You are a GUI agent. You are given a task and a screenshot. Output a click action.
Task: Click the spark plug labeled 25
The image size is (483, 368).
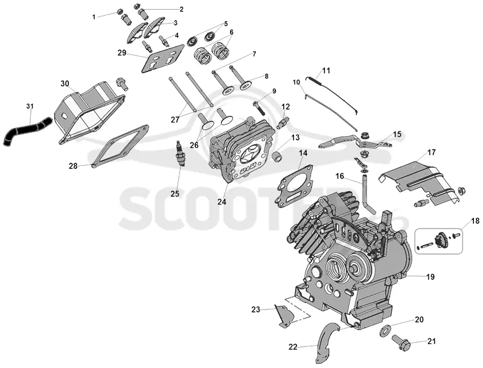[179, 153]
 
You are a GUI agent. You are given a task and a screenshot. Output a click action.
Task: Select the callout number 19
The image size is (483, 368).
[430, 277]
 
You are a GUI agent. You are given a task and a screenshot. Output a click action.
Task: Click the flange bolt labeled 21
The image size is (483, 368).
[401, 343]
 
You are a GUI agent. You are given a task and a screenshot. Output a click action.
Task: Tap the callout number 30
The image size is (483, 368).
[65, 84]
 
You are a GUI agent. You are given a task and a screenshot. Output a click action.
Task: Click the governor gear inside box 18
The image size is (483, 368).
[438, 239]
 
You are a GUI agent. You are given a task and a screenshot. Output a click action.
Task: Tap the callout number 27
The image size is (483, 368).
[175, 119]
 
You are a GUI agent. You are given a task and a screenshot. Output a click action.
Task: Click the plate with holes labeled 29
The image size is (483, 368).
[163, 59]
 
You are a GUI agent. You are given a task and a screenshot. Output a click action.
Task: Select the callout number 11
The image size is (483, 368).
[326, 71]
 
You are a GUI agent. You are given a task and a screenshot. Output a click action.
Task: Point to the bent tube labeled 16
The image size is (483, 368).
[366, 194]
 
